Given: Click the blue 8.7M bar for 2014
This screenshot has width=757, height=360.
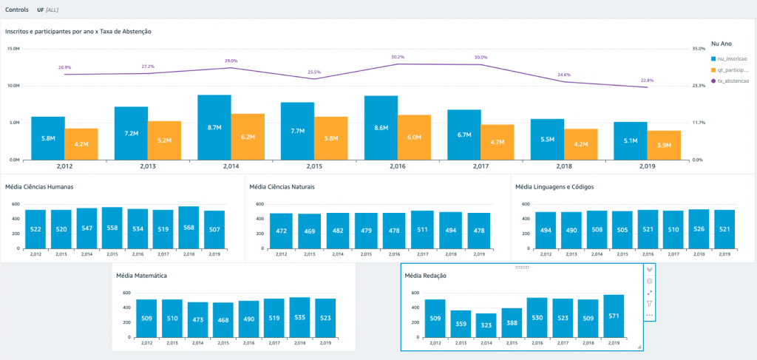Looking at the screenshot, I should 214,127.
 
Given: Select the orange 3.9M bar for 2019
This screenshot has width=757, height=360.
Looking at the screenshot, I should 664,145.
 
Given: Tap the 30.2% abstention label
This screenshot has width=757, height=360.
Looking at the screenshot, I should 397,56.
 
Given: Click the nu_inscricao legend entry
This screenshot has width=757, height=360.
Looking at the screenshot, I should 730,58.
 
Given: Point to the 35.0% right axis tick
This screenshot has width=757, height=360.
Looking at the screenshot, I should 698,49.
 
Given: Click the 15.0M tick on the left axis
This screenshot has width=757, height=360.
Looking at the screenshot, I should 13,49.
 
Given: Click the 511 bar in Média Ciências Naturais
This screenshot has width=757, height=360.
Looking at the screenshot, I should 423,229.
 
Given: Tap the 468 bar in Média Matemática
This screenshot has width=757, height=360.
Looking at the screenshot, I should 223,319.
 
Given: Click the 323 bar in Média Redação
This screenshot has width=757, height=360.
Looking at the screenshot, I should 486,325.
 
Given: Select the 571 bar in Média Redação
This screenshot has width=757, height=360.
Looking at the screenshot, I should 614,316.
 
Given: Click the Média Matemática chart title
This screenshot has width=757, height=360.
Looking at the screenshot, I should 141,275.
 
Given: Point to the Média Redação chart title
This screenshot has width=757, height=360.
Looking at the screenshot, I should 425,276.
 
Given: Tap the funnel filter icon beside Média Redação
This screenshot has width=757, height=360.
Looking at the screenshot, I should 649,304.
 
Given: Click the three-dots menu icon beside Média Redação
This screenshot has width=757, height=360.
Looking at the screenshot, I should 649,316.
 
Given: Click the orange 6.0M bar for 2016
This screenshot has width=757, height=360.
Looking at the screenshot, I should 414,137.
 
